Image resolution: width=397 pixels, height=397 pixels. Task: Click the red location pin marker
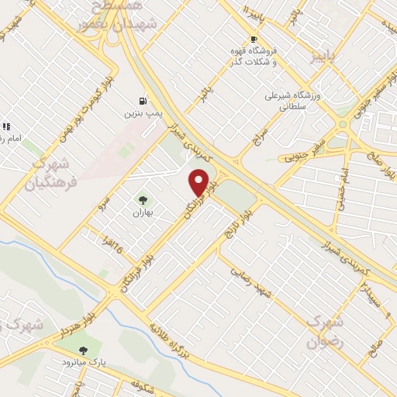pos(199,181)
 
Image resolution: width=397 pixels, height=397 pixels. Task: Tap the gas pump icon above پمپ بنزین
pos(142,101)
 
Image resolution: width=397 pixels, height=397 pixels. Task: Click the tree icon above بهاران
pos(141,200)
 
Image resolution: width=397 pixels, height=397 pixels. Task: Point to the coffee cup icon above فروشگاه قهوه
pos(253,39)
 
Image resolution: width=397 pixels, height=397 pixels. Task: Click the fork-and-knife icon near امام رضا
pos(6,126)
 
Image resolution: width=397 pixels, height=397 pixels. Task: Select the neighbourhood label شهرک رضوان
pos(324,330)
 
